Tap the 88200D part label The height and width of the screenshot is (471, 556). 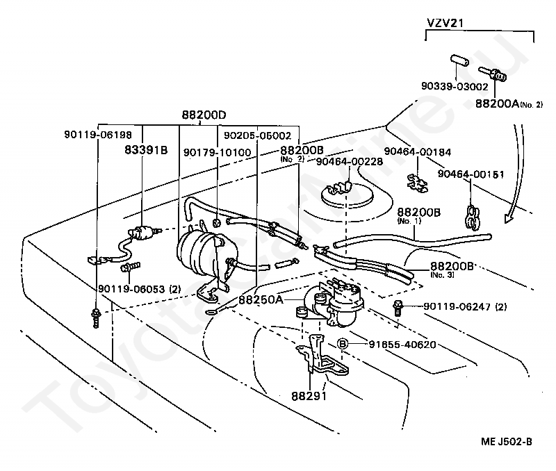coord(204,115)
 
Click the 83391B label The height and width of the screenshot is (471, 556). coord(146,149)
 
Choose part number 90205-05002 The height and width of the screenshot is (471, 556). coord(256,135)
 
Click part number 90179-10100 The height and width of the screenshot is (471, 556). coord(218,151)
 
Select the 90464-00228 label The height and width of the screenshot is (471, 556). coord(349,161)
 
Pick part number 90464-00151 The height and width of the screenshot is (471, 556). coord(471,174)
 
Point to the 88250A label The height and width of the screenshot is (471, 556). coord(261,300)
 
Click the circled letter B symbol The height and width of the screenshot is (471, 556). coord(343,343)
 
